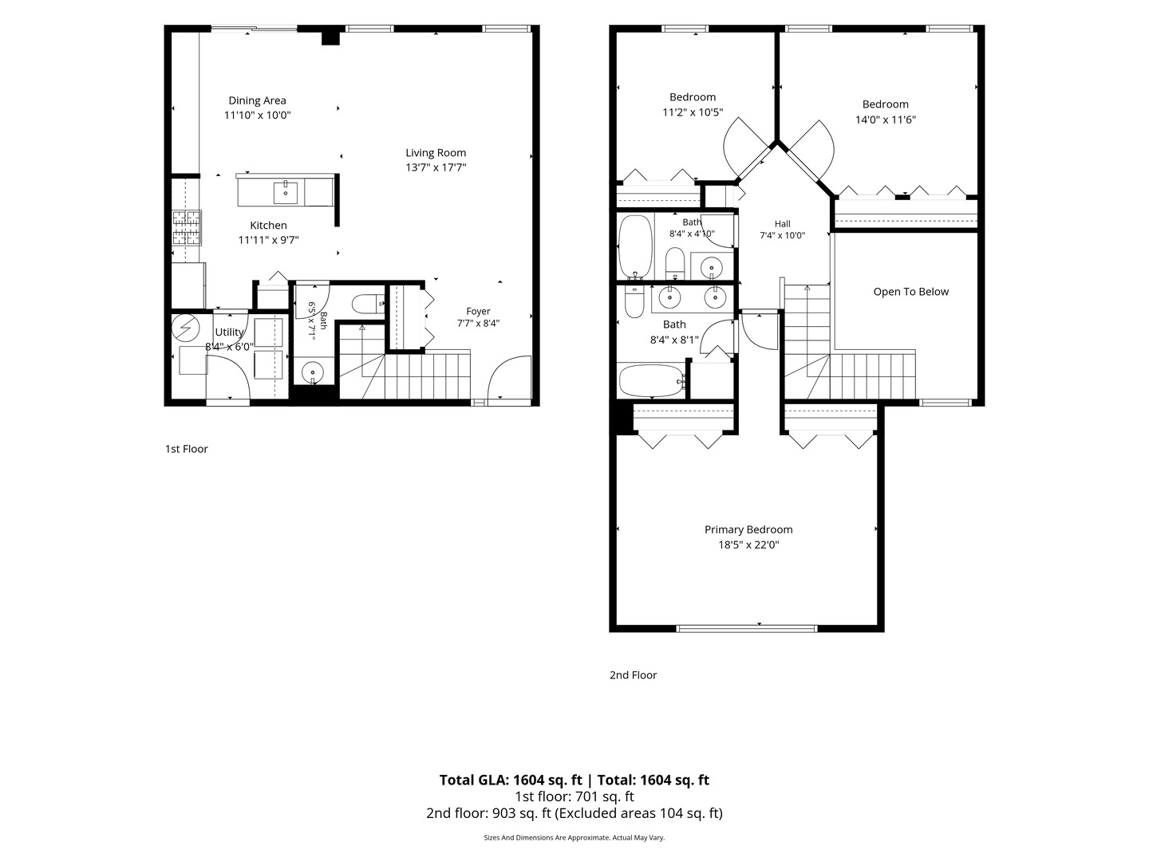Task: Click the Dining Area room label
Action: point(257,100)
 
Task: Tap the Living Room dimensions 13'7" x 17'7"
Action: point(436,167)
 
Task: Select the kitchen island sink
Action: point(286,193)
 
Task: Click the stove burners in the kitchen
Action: point(187,227)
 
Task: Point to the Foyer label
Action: point(478,311)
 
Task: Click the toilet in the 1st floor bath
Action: point(368,304)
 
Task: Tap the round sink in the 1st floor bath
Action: point(313,373)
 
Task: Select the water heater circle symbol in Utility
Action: point(185,327)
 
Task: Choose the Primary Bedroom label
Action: point(748,529)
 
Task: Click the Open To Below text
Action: point(911,292)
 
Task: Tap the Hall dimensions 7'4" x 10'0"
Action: point(782,235)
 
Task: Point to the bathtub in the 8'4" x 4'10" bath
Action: point(635,246)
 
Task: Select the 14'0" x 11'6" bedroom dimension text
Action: point(885,120)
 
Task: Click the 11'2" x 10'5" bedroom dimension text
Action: point(692,112)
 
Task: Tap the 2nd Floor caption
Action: point(633,675)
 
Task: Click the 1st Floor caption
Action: point(187,449)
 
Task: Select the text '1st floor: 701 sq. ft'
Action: point(574,796)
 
